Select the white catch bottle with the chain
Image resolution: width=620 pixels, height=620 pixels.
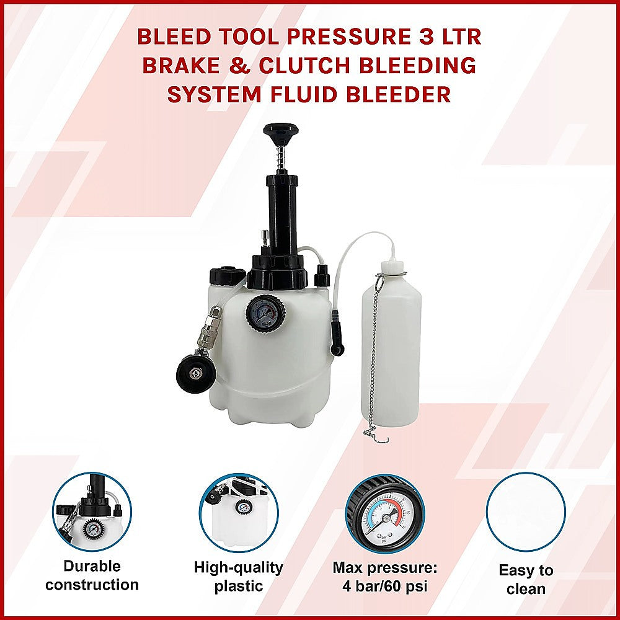(391, 347)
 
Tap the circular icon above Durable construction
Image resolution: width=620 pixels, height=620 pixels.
(92, 512)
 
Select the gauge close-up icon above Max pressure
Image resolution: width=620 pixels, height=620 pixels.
(385, 512)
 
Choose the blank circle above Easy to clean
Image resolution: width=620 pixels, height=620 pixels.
(526, 512)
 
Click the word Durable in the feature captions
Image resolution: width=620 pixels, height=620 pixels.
(92, 566)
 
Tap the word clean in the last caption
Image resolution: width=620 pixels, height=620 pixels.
(526, 589)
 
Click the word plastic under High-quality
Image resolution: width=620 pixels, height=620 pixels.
(238, 586)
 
